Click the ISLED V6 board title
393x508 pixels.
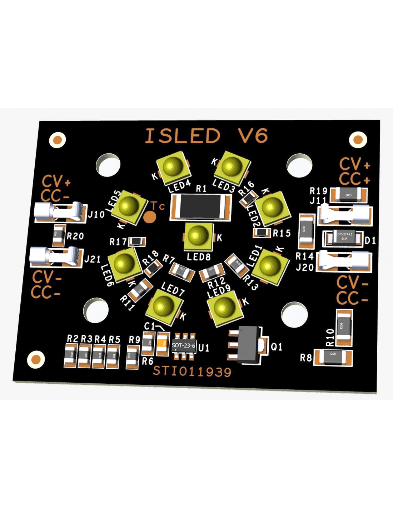206,136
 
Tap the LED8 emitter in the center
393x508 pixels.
198,236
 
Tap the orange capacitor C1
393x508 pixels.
163,344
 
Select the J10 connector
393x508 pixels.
60,212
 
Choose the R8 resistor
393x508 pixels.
333,357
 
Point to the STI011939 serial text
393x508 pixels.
192,372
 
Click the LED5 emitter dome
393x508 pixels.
128,206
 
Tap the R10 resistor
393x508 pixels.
344,327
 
